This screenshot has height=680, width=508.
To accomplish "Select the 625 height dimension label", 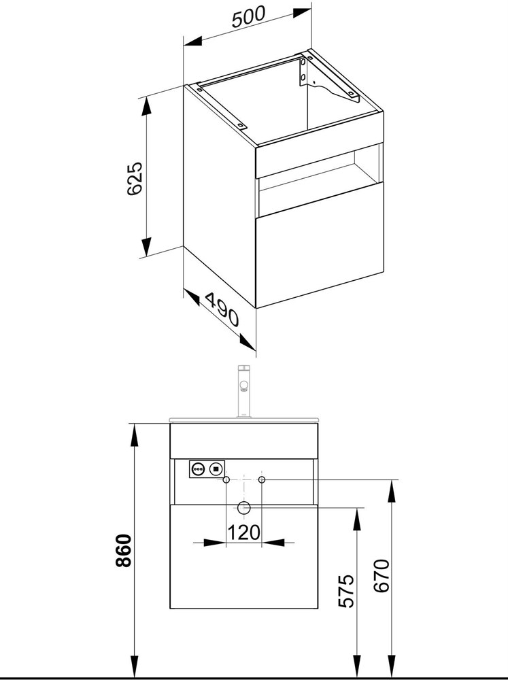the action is click(135, 178).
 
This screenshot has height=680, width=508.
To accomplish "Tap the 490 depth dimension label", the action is click(222, 309).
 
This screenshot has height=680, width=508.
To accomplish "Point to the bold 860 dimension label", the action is click(124, 551).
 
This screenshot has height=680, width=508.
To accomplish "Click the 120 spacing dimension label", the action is click(244, 532).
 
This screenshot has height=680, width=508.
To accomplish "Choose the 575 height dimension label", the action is click(346, 591).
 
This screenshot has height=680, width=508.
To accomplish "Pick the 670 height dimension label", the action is click(382, 576).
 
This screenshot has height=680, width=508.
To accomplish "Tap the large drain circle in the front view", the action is click(244, 507).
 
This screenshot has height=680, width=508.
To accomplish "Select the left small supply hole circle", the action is click(226, 479).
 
